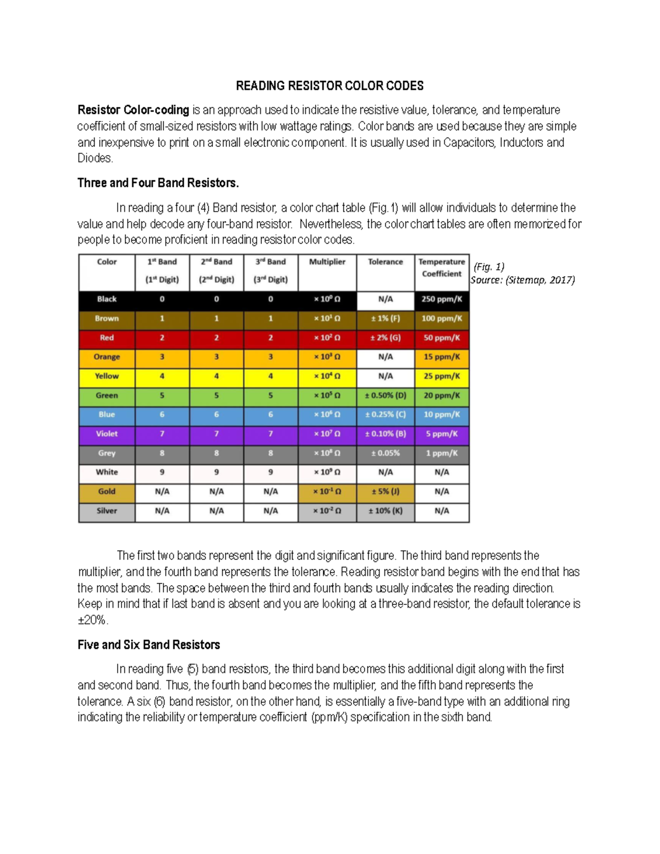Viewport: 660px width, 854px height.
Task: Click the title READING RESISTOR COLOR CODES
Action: tap(329, 86)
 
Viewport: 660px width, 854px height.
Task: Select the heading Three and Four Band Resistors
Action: tap(158, 183)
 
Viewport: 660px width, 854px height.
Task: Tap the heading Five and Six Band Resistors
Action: tap(148, 644)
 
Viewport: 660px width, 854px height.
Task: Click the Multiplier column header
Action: tap(327, 262)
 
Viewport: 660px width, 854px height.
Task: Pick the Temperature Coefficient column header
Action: tap(442, 268)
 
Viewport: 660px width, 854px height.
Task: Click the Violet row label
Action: tap(107, 434)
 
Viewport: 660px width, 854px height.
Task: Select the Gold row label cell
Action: tap(107, 492)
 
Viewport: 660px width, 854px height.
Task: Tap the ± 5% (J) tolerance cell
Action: tap(386, 492)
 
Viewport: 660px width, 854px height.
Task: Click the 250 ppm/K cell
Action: tap(442, 299)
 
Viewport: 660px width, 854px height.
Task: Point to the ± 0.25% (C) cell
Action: tap(386, 415)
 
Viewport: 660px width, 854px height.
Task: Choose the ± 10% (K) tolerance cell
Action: tap(386, 511)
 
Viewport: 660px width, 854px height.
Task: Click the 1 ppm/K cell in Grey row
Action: tap(442, 453)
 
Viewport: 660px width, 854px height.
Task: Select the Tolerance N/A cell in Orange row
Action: tap(386, 357)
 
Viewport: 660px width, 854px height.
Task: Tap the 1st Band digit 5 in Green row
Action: tap(162, 395)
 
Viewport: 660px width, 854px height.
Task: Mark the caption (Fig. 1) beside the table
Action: tap(489, 267)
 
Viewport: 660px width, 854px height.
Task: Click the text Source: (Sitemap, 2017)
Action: tap(522, 280)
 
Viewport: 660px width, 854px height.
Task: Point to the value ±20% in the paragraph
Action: tap(92, 620)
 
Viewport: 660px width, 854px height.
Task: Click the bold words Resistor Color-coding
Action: tap(133, 110)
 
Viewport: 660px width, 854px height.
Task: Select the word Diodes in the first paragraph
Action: tap(95, 158)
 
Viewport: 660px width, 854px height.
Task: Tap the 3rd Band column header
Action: tap(271, 270)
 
